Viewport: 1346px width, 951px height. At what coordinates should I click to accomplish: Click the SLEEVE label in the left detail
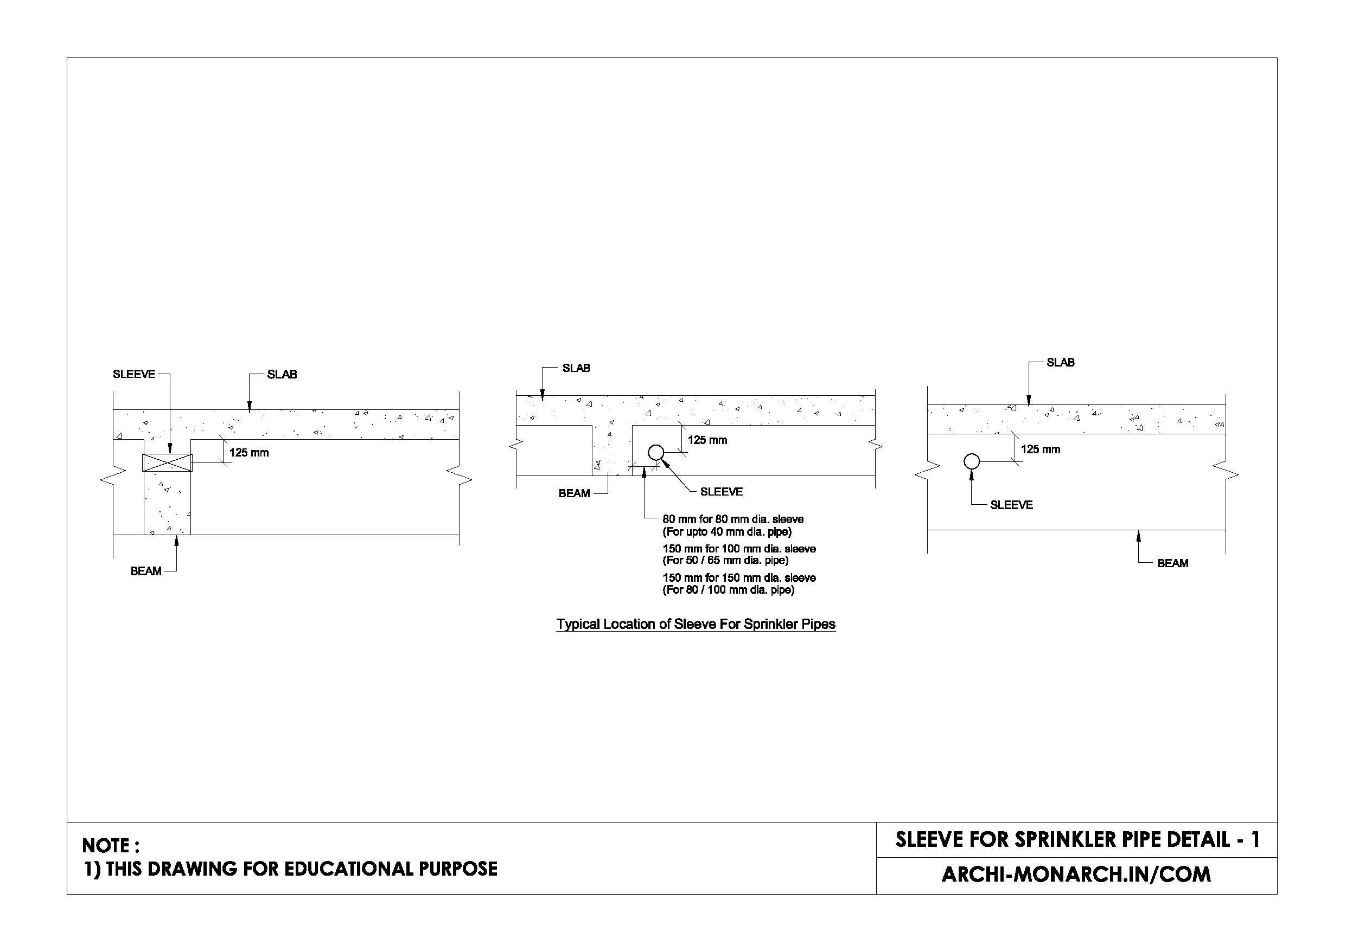tap(133, 374)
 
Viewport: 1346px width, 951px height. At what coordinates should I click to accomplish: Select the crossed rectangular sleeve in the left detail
tap(168, 462)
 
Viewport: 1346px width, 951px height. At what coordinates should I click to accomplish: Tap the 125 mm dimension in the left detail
tap(248, 452)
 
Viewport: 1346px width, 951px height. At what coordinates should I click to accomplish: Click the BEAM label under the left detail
tap(145, 571)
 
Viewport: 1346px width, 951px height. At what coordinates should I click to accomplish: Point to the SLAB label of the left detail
tap(282, 375)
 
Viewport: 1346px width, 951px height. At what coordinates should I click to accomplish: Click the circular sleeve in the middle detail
tap(655, 452)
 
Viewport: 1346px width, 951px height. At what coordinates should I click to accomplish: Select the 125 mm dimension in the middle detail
tap(707, 440)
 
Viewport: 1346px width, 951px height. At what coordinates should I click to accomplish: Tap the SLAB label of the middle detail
tap(576, 368)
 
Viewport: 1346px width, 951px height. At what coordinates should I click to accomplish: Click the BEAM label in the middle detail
tap(574, 493)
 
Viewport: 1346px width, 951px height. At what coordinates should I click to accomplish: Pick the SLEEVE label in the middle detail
tap(721, 492)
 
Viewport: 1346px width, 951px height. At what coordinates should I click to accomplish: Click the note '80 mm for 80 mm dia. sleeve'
tap(733, 519)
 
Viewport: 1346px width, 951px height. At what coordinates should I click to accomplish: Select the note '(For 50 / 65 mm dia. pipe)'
tap(725, 560)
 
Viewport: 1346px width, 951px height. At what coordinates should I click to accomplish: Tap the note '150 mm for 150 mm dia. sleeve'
tap(739, 578)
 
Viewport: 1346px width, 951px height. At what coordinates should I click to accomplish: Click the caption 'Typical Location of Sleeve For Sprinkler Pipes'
tap(696, 624)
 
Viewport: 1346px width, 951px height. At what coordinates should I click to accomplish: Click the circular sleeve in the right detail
tap(972, 462)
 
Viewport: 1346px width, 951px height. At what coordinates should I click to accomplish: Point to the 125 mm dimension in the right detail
tap(1040, 449)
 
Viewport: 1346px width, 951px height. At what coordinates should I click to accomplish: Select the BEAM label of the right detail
tap(1172, 563)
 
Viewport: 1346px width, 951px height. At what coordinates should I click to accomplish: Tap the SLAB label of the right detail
tap(1061, 362)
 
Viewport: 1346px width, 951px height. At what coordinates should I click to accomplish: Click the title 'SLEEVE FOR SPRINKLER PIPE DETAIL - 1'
tap(1077, 840)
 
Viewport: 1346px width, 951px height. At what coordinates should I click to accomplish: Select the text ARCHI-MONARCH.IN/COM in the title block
tap(1076, 874)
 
